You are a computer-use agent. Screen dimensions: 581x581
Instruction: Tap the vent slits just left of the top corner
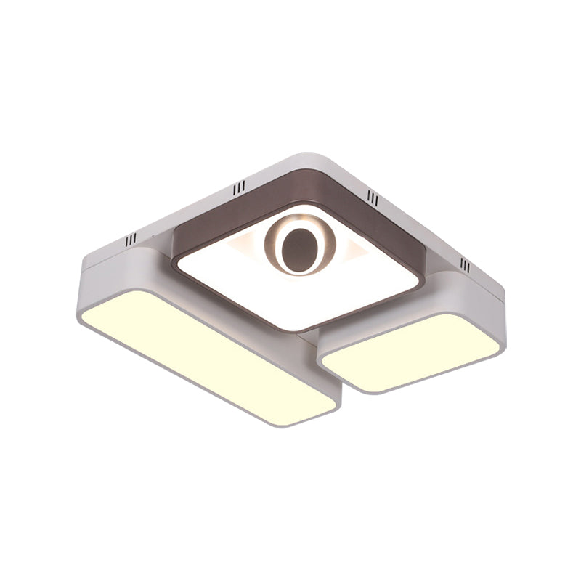pyautogui.click(x=239, y=189)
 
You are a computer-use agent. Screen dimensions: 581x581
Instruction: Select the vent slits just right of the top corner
pyautogui.click(x=373, y=195)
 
